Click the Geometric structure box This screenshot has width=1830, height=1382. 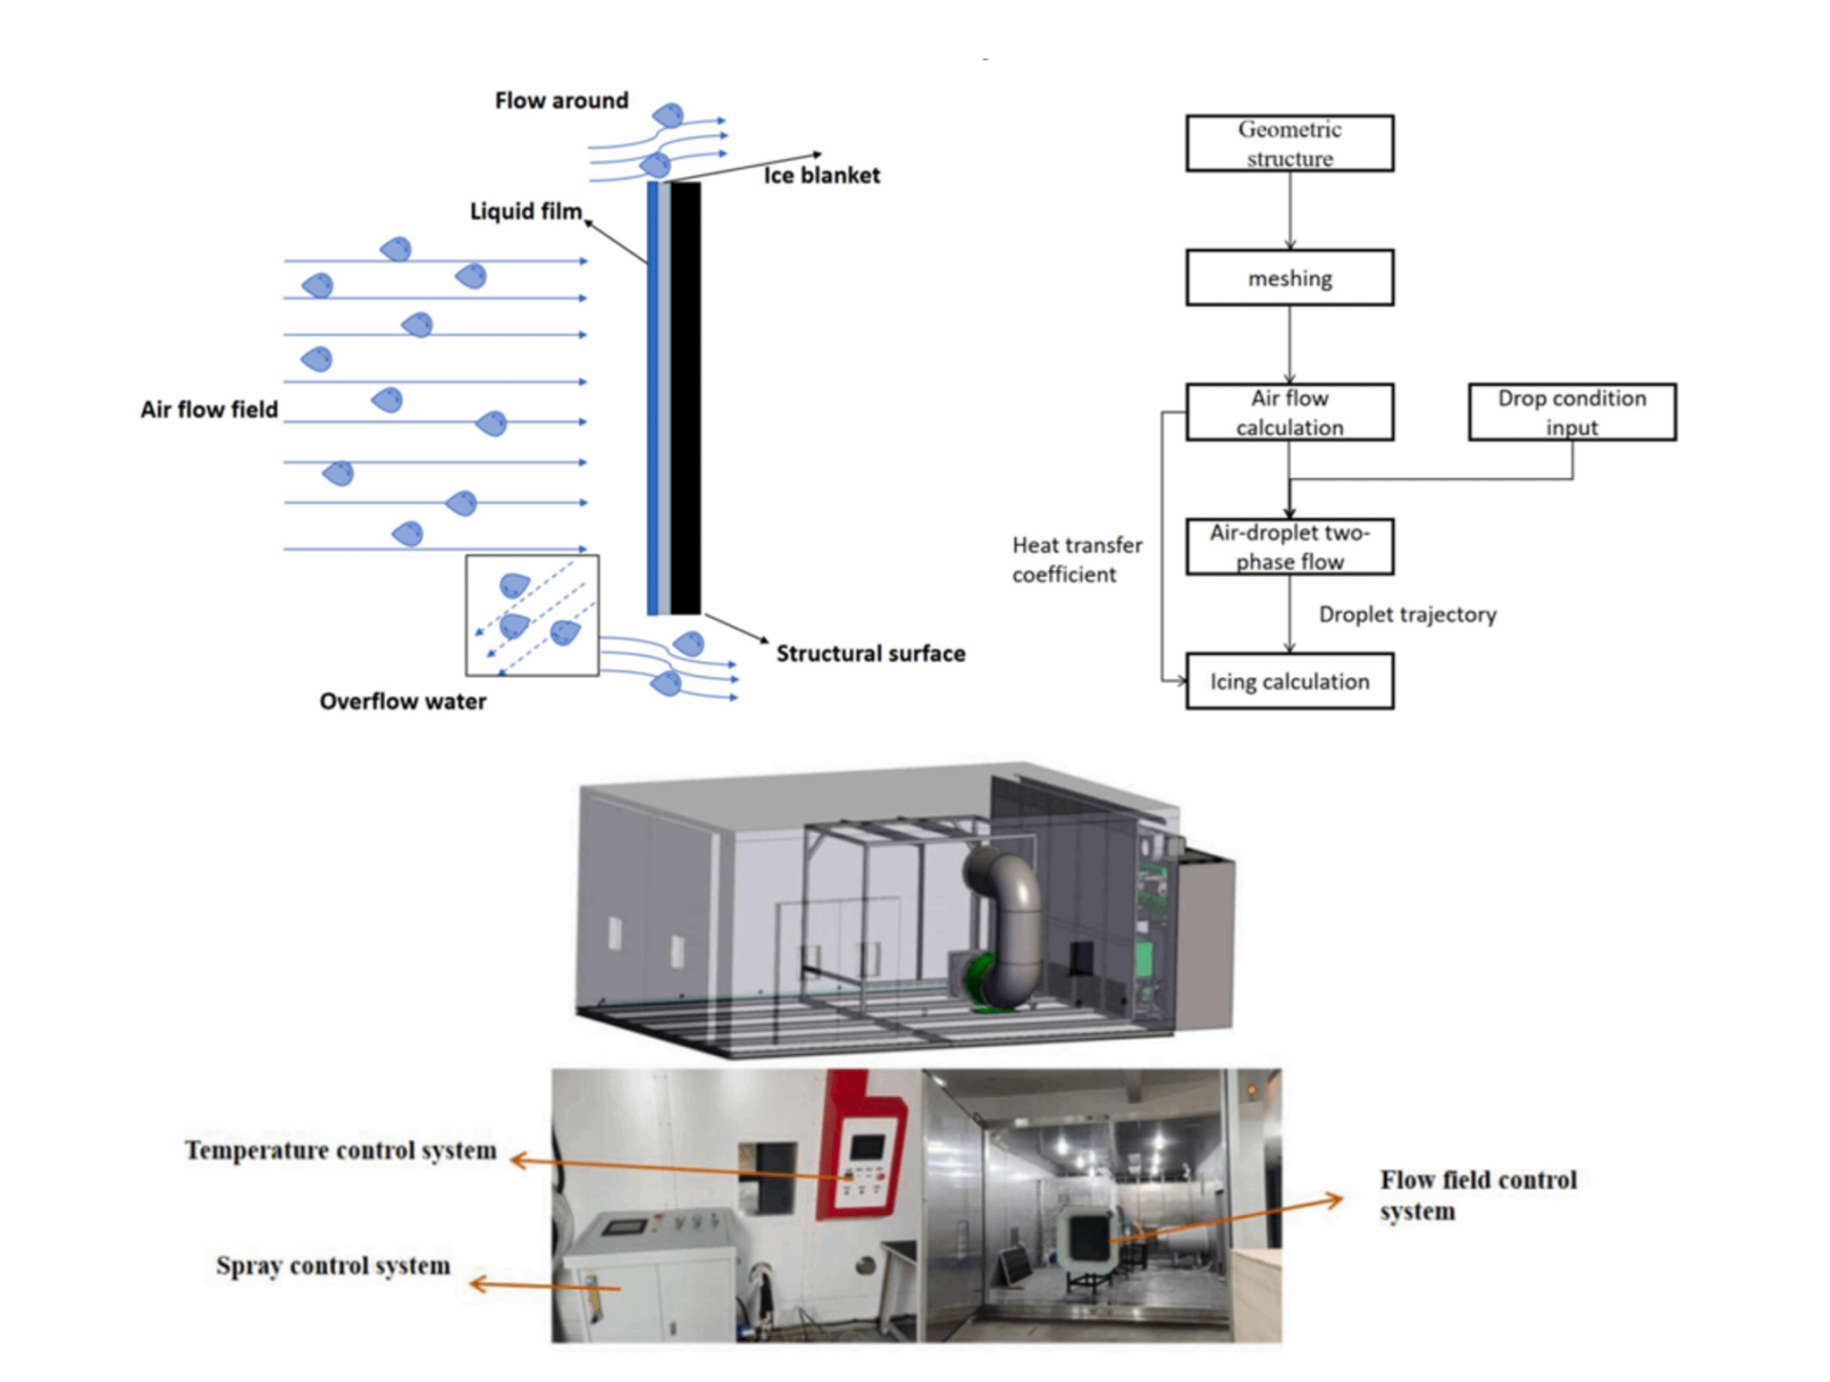pyautogui.click(x=1289, y=143)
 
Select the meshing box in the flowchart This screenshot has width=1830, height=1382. pyautogui.click(x=1289, y=278)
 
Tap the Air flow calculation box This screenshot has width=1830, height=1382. pyautogui.click(x=1289, y=412)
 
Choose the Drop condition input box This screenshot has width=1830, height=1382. pyautogui.click(x=1571, y=412)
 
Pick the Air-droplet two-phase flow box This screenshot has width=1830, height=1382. pyautogui.click(x=1289, y=547)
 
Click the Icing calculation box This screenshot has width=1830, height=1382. pyautogui.click(x=1289, y=682)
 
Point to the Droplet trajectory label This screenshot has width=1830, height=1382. pyautogui.click(x=1406, y=615)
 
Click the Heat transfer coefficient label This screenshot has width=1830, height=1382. pyautogui.click(x=1076, y=560)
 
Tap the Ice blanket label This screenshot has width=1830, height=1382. pyautogui.click(x=821, y=175)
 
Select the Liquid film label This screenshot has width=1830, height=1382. pyautogui.click(x=525, y=212)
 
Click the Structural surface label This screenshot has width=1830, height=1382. pyautogui.click(x=870, y=654)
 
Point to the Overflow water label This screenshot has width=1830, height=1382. pyautogui.click(x=402, y=701)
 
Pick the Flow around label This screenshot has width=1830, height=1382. pyautogui.click(x=561, y=101)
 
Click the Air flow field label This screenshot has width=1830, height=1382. pyautogui.click(x=209, y=410)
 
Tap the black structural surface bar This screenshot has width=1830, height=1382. pyautogui.click(x=685, y=398)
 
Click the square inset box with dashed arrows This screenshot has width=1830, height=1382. pyautogui.click(x=532, y=616)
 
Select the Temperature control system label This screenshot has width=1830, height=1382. pyautogui.click(x=340, y=1151)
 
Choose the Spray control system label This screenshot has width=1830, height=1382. pyautogui.click(x=332, y=1266)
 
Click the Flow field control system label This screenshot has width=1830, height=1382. pyautogui.click(x=1477, y=1195)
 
